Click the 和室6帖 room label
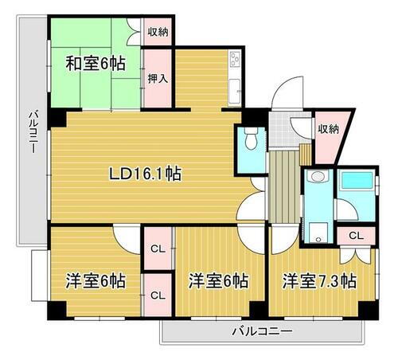[x=95, y=63]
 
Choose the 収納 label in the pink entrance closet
[x=329, y=128]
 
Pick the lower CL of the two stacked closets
[x=158, y=295]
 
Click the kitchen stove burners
[x=235, y=59]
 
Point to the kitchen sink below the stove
[x=234, y=89]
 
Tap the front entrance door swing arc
[x=280, y=100]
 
